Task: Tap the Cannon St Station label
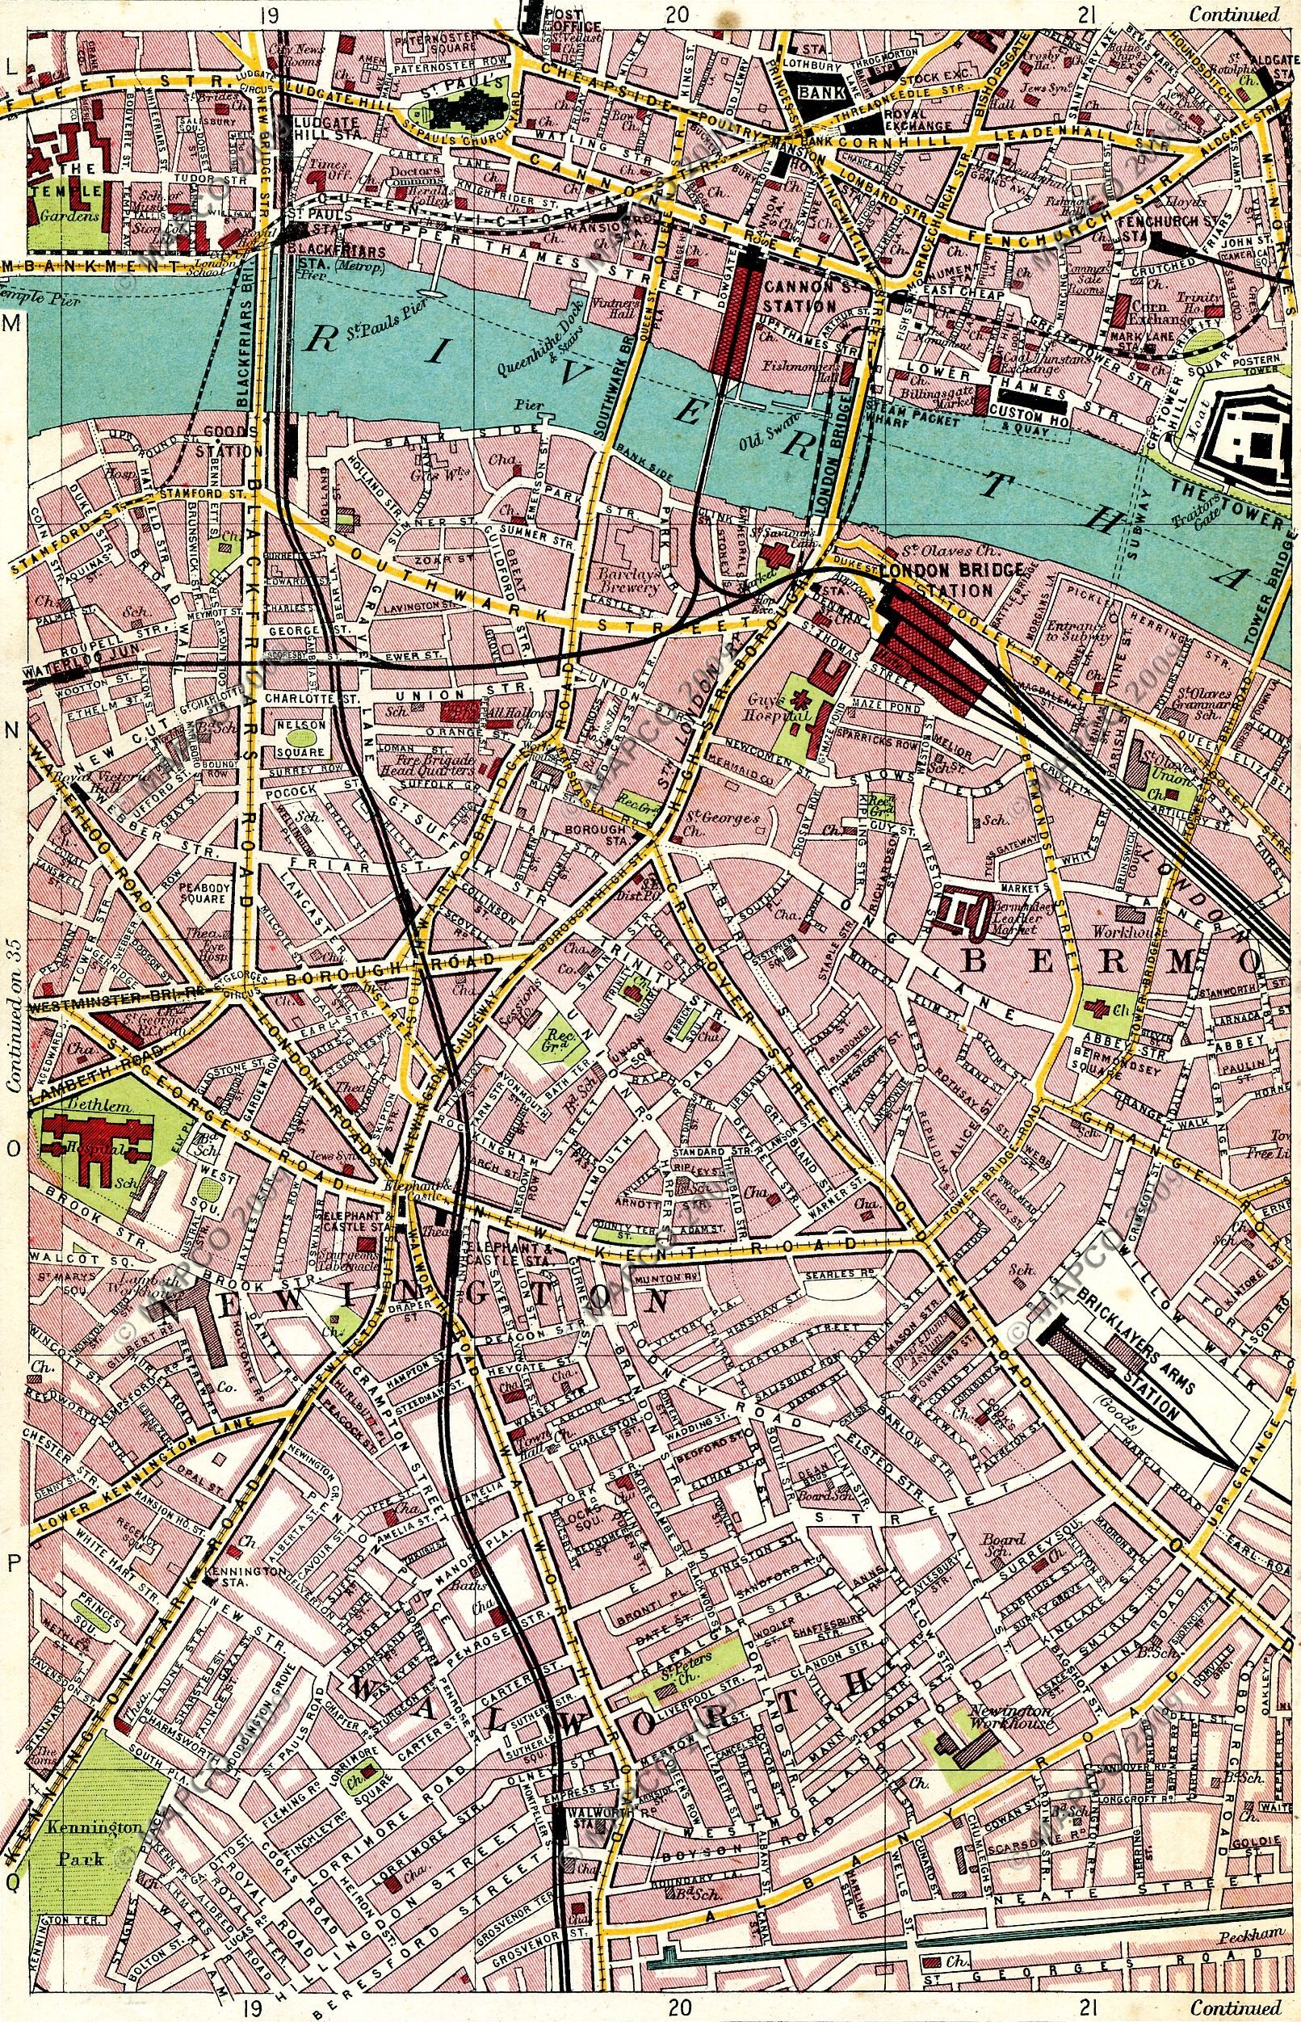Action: point(798,295)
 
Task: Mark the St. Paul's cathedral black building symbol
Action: point(469,109)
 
